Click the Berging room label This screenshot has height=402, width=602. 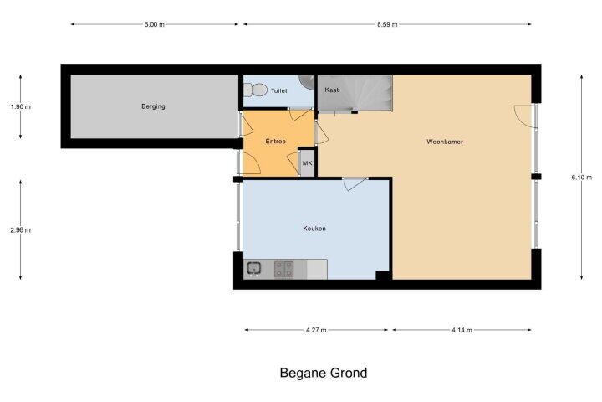click(x=153, y=106)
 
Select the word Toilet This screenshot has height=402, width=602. click(x=279, y=90)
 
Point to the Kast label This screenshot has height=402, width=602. click(x=332, y=90)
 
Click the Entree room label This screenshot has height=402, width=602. click(x=276, y=142)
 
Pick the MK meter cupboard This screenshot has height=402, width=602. click(x=307, y=163)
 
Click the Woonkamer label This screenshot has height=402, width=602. click(x=445, y=142)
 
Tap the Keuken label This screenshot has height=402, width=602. click(x=314, y=229)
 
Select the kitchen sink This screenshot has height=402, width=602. click(x=253, y=268)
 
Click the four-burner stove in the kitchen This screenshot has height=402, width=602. click(x=284, y=269)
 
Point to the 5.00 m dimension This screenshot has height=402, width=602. click(x=155, y=24)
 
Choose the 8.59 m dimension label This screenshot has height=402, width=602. click(x=387, y=24)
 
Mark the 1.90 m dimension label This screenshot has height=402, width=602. click(x=21, y=107)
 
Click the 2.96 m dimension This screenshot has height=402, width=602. click(x=21, y=230)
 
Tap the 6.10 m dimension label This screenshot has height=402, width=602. click(x=582, y=178)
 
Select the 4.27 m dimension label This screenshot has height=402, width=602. click(x=316, y=330)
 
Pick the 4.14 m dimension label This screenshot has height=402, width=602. click(x=462, y=330)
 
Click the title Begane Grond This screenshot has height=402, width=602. click(x=324, y=373)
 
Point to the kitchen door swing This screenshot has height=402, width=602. click(x=355, y=183)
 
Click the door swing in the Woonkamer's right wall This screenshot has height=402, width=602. click(x=524, y=116)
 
